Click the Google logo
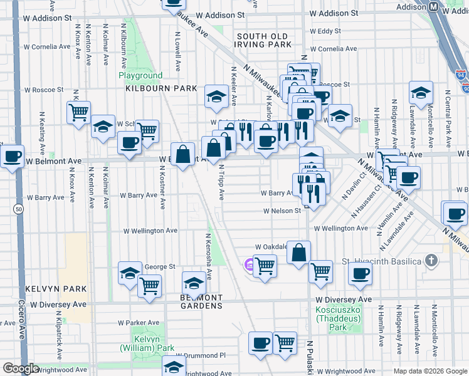coord(21,368)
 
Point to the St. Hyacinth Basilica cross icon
coord(431,259)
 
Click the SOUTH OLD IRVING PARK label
coord(263,39)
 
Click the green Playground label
coord(141,75)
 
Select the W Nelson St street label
coord(282,211)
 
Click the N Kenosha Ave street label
coord(209,257)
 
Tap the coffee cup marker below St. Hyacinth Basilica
coord(361,273)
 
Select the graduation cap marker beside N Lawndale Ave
coord(421,92)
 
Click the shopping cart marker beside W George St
coord(150,285)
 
